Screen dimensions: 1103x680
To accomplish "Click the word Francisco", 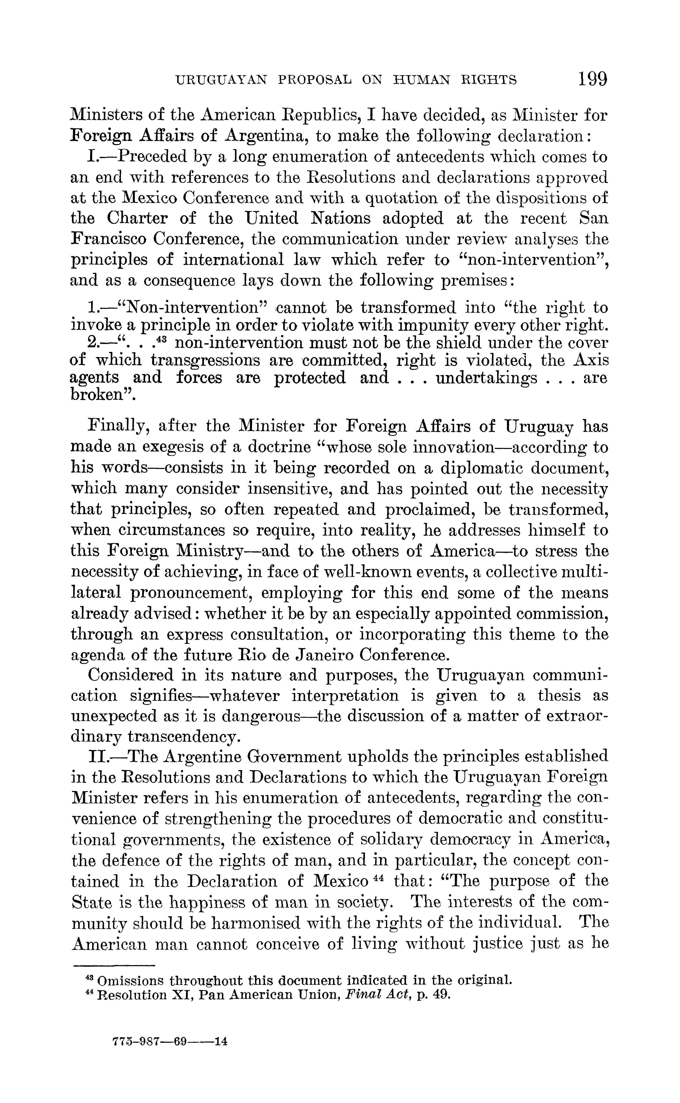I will pyautogui.click(x=107, y=239).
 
